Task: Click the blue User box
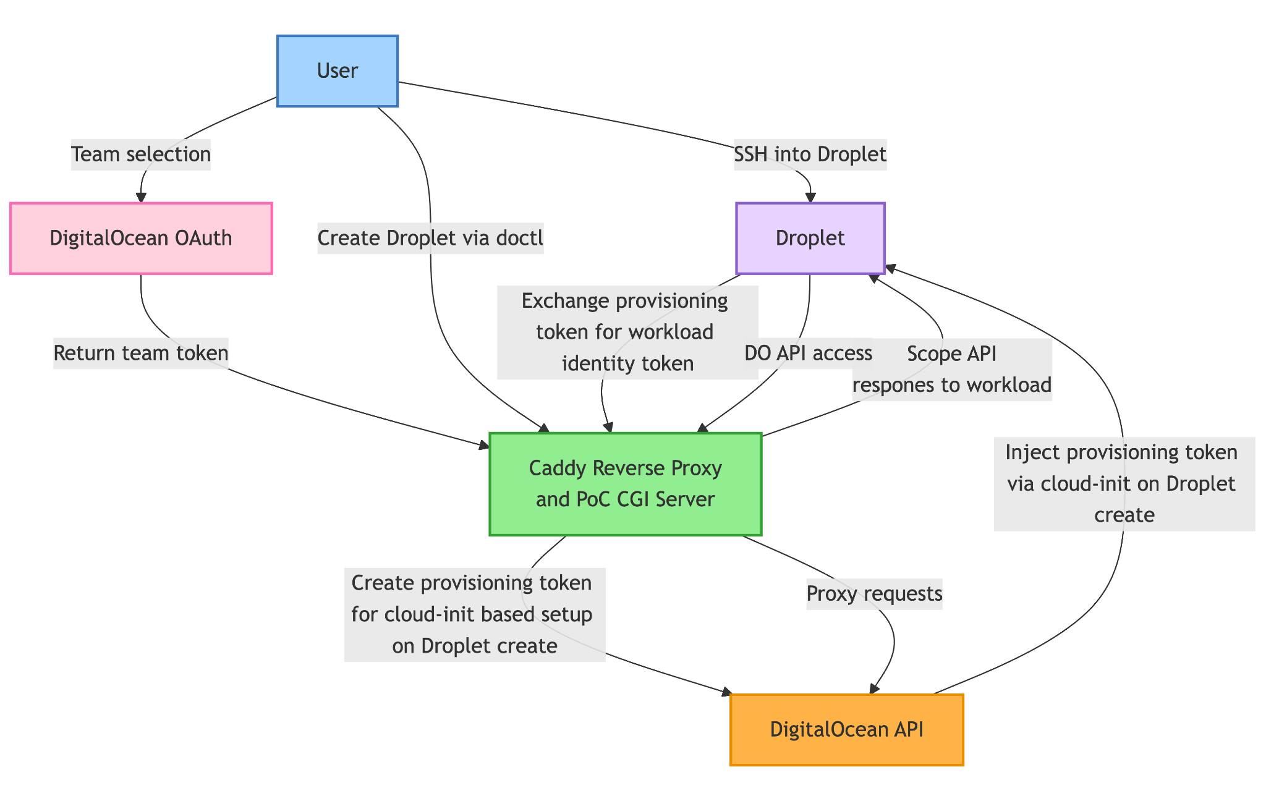pyautogui.click(x=337, y=71)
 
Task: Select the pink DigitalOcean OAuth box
pyautogui.click(x=141, y=238)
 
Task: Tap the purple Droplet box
pyautogui.click(x=810, y=238)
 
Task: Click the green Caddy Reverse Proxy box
pyautogui.click(x=625, y=483)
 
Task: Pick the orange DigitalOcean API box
pyautogui.click(x=846, y=729)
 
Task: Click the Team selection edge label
pyautogui.click(x=141, y=154)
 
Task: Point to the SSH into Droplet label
pyautogui.click(x=810, y=154)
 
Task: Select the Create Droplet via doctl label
pyautogui.click(x=430, y=238)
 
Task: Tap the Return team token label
pyautogui.click(x=141, y=353)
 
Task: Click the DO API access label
pyautogui.click(x=808, y=353)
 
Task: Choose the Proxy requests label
pyautogui.click(x=874, y=594)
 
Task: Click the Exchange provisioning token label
pyautogui.click(x=625, y=332)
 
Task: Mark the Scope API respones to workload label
pyautogui.click(x=952, y=369)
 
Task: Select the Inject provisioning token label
pyautogui.click(x=1124, y=483)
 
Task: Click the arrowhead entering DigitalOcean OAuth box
pyautogui.click(x=141, y=198)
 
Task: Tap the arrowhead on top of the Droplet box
pyautogui.click(x=810, y=198)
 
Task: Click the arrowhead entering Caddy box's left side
pyautogui.click(x=484, y=444)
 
